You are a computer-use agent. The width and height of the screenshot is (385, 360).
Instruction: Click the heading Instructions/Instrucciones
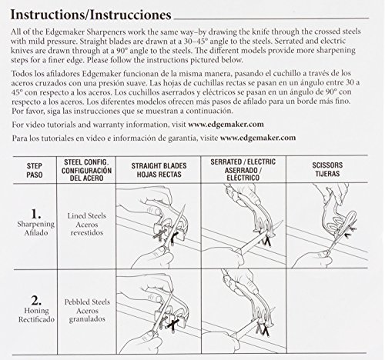pyautogui.click(x=91, y=15)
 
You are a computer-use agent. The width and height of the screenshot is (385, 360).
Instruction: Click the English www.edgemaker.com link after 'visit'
pyautogui.click(x=226, y=125)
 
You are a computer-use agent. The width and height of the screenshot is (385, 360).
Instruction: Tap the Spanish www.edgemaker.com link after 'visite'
pyautogui.click(x=258, y=138)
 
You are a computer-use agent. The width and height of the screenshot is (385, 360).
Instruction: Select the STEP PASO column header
pyautogui.click(x=35, y=170)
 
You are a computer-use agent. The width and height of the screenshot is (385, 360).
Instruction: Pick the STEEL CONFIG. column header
pyautogui.click(x=86, y=170)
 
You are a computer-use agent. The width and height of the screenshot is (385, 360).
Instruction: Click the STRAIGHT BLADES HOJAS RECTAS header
pyautogui.click(x=159, y=170)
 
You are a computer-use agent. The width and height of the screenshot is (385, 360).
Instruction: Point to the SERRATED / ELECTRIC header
pyautogui.click(x=243, y=170)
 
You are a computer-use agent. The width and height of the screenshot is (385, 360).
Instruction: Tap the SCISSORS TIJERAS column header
pyautogui.click(x=327, y=169)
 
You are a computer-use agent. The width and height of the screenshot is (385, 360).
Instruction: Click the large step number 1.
pyautogui.click(x=35, y=214)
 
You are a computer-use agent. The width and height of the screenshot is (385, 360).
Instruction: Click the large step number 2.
pyautogui.click(x=36, y=300)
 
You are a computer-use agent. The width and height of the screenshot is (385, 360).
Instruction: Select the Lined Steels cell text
pyautogui.click(x=87, y=224)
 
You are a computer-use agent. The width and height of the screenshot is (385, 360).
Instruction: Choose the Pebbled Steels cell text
pyautogui.click(x=87, y=310)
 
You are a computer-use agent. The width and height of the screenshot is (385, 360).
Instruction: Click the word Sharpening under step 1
pyautogui.click(x=36, y=225)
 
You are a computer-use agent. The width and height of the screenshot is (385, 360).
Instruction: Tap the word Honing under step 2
pyautogui.click(x=36, y=311)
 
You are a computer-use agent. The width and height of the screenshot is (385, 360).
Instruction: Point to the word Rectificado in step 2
pyautogui.click(x=36, y=319)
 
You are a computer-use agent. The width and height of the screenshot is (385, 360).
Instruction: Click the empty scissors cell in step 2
pyautogui.click(x=327, y=312)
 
